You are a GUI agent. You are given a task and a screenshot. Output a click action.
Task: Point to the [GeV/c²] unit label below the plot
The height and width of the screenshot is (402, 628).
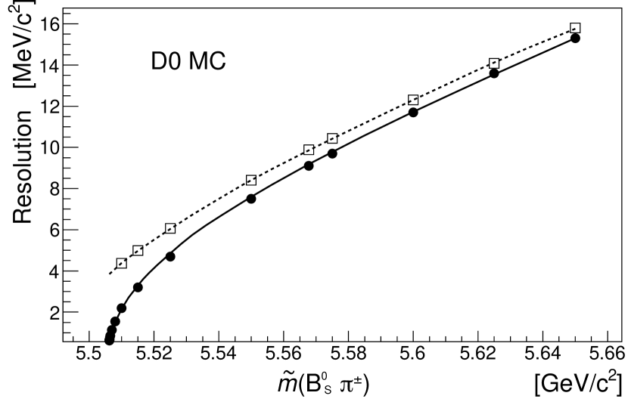click(578, 382)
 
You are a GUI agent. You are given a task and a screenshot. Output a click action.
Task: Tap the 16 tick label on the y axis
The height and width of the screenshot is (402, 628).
click(50, 23)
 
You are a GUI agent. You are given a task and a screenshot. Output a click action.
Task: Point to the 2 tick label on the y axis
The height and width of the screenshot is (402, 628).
click(54, 311)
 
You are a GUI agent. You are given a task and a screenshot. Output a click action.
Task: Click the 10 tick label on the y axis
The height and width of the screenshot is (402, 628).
click(50, 147)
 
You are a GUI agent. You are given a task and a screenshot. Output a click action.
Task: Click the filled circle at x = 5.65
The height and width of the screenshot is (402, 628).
click(575, 38)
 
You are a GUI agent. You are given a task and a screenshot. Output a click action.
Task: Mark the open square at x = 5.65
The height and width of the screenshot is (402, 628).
click(575, 28)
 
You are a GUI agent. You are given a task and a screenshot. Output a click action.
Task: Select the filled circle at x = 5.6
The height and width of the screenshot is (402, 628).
click(413, 112)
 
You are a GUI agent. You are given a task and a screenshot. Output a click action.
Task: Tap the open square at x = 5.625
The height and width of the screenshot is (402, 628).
click(494, 63)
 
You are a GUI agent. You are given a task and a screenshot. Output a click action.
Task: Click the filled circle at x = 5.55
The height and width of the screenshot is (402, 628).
click(251, 198)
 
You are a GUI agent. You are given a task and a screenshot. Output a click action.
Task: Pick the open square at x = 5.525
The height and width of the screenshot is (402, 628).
click(170, 228)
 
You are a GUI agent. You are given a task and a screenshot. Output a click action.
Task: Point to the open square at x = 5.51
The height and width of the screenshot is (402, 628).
click(122, 263)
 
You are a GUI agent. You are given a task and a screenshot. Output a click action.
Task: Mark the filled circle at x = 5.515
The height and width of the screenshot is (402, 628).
click(138, 287)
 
